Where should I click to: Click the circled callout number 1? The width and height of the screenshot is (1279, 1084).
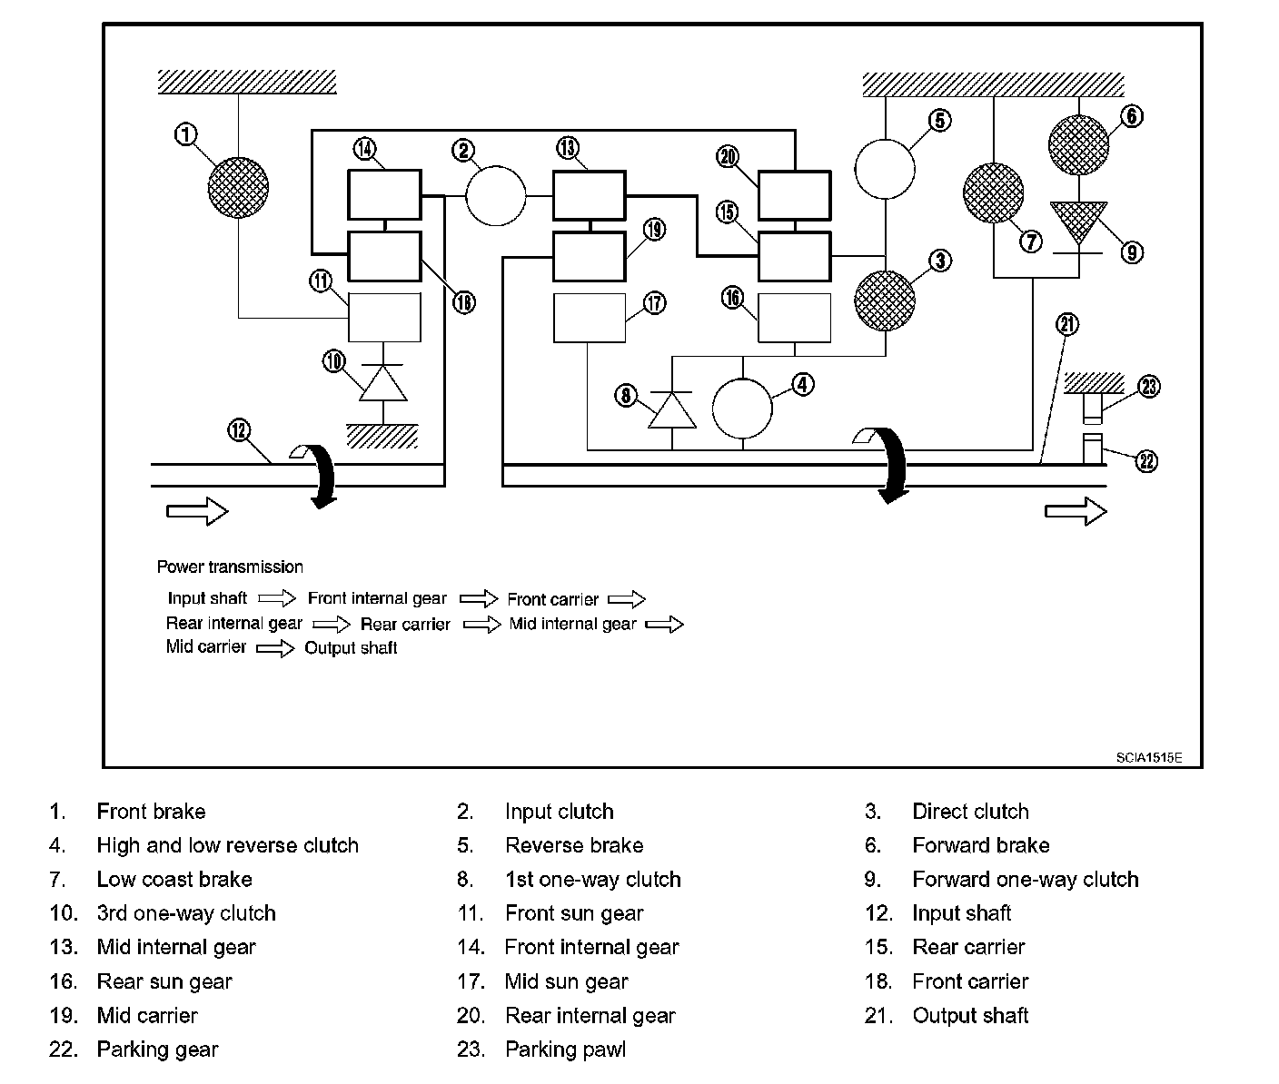click(185, 134)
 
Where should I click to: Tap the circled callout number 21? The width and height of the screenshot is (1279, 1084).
click(1066, 325)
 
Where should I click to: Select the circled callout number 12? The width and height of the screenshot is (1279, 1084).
click(240, 429)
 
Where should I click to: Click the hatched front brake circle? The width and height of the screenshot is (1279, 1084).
click(238, 187)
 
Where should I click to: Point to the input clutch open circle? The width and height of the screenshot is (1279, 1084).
click(496, 195)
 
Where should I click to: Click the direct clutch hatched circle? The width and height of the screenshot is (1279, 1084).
click(885, 301)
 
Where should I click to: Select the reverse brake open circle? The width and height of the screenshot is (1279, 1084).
click(885, 169)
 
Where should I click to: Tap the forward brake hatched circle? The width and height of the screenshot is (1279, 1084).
click(1078, 144)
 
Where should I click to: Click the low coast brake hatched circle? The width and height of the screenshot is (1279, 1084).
click(994, 193)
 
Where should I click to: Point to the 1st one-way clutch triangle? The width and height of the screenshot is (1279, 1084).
click(672, 410)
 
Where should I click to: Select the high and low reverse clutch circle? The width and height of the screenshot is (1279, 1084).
click(742, 409)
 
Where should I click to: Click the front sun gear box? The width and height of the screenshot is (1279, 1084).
click(384, 317)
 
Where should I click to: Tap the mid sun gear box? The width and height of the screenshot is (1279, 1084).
click(590, 318)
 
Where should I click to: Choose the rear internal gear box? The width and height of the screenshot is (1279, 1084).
click(795, 195)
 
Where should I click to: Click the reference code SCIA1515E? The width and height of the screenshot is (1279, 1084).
click(1149, 757)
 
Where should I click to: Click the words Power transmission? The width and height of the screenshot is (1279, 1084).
click(230, 567)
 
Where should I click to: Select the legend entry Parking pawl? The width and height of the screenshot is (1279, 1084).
click(566, 1050)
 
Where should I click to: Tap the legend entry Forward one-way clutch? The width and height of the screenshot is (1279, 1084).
click(1026, 880)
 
